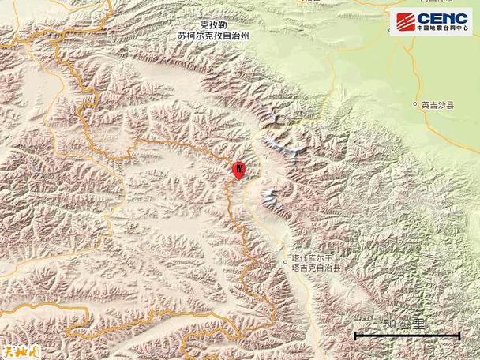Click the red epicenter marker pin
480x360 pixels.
[239, 167]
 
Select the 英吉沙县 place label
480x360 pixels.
[438, 105]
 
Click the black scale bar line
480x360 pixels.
[407, 336]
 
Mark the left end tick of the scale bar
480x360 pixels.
[355, 335]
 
